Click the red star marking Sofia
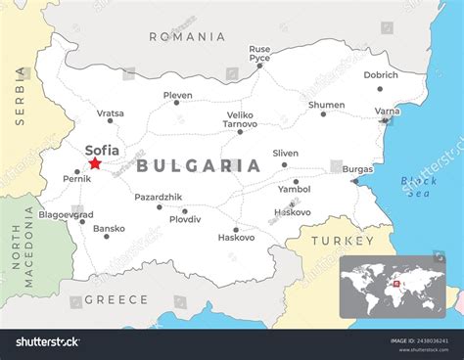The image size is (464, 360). [x=95, y=163]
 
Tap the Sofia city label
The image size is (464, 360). [x=103, y=150]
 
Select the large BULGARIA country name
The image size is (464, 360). [x=199, y=166]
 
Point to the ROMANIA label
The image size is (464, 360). [x=187, y=36]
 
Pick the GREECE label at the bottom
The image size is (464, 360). [x=116, y=299]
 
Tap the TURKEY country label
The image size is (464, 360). [x=342, y=241]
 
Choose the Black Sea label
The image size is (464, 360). [x=419, y=187]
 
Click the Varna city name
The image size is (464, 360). [x=388, y=112]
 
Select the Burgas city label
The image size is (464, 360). [x=357, y=169]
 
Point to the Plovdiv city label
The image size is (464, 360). [x=184, y=220]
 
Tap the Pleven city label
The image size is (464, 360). [x=177, y=96]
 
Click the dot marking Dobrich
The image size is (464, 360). [x=381, y=89]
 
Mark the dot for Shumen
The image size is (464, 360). [x=323, y=114]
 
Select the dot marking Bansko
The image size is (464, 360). [x=107, y=237]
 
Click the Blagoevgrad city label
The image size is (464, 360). [x=66, y=214]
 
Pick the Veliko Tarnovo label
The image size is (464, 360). [x=241, y=119]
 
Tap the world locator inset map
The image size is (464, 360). [x=393, y=287]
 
